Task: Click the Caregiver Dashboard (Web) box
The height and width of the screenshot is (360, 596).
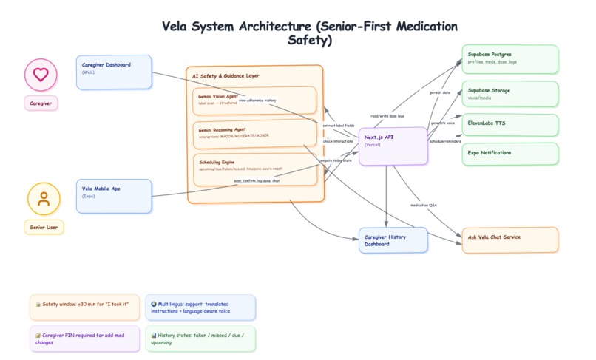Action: click(114, 72)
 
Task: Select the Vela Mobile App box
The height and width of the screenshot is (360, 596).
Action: click(114, 196)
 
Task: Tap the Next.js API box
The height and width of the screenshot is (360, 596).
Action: click(393, 146)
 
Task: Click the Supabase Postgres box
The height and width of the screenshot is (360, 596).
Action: click(510, 59)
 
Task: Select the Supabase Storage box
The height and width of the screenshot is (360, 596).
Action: click(510, 94)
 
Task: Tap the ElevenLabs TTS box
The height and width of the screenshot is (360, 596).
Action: click(510, 125)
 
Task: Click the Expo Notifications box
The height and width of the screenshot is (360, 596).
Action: click(510, 154)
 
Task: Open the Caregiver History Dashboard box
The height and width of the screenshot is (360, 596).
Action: click(393, 240)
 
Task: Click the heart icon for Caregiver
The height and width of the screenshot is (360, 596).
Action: click(41, 75)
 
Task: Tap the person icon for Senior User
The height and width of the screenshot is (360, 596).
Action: click(44, 199)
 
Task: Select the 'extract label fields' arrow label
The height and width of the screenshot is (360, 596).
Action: click(339, 126)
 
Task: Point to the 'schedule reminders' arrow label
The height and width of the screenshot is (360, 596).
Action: click(445, 141)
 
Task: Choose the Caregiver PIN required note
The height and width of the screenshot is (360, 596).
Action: click(84, 339)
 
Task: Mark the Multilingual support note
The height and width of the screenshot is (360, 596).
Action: click(200, 308)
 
